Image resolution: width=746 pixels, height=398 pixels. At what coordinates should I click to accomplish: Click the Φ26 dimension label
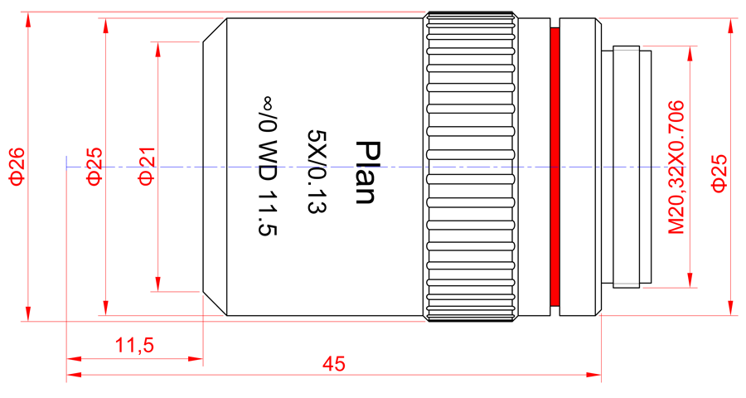[17, 167]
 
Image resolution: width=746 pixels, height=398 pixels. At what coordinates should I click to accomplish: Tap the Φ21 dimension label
[147, 166]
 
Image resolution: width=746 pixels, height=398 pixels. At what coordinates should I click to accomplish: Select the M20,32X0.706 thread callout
[676, 167]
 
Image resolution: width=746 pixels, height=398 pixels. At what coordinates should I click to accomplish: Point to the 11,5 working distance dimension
[134, 345]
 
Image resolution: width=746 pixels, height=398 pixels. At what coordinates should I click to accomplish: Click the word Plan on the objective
[366, 172]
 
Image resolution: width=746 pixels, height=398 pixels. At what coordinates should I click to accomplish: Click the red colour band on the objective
[555, 167]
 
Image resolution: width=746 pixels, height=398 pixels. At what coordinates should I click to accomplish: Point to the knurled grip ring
[471, 167]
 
